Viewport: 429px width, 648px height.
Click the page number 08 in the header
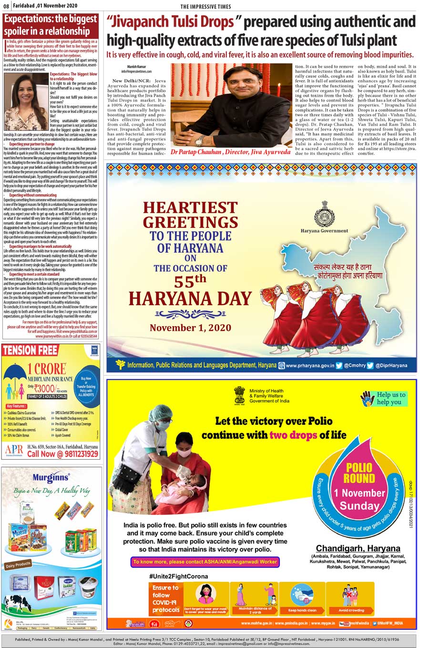[x=7, y=6]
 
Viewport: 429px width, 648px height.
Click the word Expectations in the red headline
[x=27, y=20]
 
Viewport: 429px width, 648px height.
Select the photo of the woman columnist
[x=26, y=101]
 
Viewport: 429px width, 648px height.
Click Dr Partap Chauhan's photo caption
[x=230, y=152]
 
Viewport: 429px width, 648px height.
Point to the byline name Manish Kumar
[x=136, y=66]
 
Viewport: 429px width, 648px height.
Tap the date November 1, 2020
[x=190, y=328]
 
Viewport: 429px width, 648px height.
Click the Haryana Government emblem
[x=324, y=213]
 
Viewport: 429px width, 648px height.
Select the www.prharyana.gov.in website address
[x=309, y=365]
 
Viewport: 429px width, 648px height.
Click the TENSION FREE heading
[x=30, y=351]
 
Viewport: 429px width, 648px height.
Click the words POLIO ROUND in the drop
[x=359, y=473]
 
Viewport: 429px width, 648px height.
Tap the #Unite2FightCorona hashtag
[x=171, y=576]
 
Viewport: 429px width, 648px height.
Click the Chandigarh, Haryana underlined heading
[x=358, y=548]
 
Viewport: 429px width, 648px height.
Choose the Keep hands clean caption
[x=302, y=610]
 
